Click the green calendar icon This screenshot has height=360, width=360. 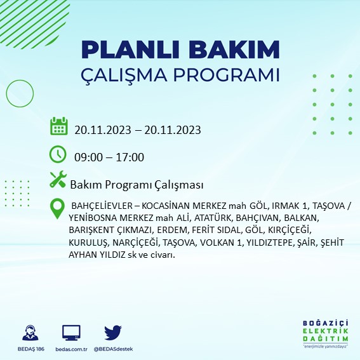[58, 126]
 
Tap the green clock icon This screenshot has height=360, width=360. [58, 154]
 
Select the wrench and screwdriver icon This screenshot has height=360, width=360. [58, 180]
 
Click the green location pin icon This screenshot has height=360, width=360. [58, 209]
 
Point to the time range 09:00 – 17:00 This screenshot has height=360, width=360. [109, 157]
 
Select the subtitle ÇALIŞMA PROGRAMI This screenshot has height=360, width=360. [181, 74]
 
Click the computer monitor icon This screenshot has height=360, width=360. [71, 332]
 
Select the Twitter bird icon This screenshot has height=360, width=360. [112, 332]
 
